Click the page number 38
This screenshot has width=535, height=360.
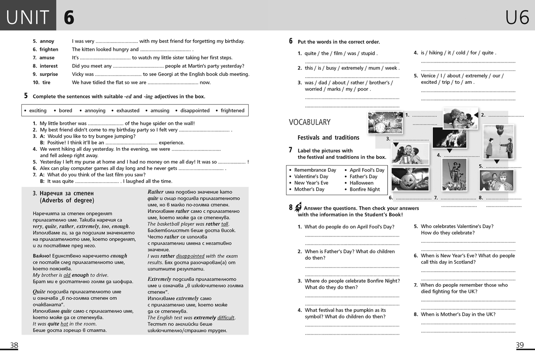coord(14,345)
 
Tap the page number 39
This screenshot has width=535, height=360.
coord(519,345)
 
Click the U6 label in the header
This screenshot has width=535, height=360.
coord(517,18)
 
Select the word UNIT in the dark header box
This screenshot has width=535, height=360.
coord(28,18)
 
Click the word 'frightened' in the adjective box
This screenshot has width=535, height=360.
coord(232,111)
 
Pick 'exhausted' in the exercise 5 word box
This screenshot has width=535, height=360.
coord(128,111)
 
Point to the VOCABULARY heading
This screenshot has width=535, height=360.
coord(309,122)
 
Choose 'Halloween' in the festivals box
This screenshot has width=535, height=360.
coord(362,183)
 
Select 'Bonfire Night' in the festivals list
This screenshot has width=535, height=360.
coord(365,189)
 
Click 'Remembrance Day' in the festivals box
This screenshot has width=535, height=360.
coord(315,170)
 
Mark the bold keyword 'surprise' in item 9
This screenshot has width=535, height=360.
coord(49,74)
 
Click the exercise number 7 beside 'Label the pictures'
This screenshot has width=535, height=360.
coord(291,150)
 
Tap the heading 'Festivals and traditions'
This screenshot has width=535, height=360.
coord(328,137)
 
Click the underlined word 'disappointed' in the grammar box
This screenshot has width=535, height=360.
coord(190,256)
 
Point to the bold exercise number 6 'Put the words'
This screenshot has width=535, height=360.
coord(291,41)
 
